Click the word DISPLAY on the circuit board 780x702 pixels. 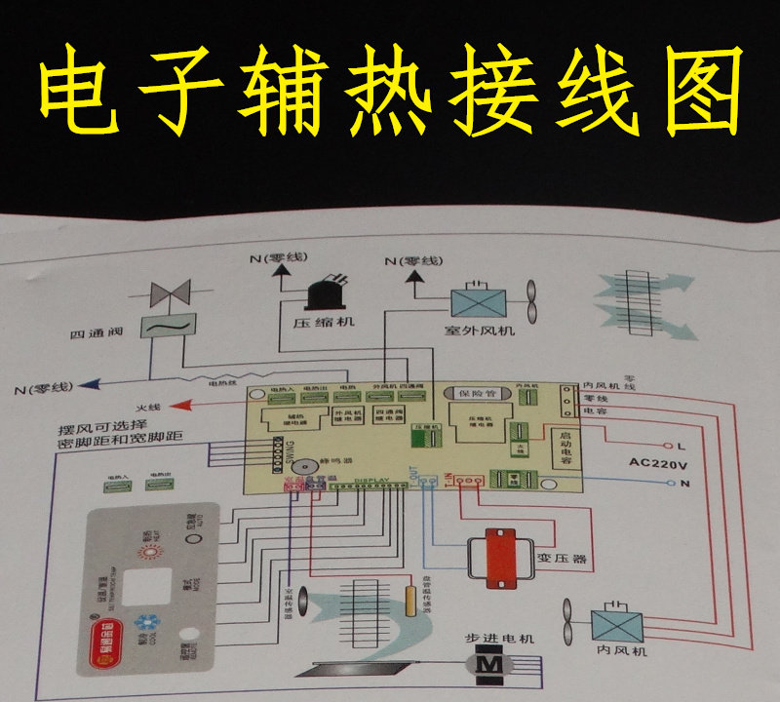(x=371, y=481)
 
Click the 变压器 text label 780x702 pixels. (x=566, y=560)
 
